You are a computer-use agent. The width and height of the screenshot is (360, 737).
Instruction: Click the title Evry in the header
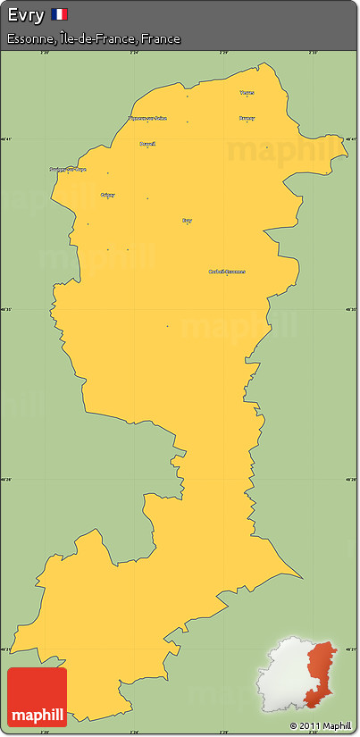click(25, 14)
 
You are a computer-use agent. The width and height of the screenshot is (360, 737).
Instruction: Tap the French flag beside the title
click(59, 14)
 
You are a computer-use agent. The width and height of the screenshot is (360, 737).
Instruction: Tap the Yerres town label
click(247, 92)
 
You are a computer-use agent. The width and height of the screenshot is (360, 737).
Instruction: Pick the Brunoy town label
click(247, 118)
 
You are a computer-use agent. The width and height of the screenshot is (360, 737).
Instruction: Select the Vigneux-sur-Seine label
click(147, 117)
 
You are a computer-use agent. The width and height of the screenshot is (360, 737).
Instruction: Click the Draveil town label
click(147, 143)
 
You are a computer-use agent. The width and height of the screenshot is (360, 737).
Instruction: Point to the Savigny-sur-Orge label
click(68, 169)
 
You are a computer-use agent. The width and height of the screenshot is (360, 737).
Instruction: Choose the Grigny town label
click(108, 195)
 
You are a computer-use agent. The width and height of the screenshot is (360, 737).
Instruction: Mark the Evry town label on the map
click(187, 220)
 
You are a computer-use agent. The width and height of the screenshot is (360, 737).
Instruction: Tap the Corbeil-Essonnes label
click(227, 271)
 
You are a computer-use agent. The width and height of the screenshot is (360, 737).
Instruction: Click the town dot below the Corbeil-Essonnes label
click(227, 276)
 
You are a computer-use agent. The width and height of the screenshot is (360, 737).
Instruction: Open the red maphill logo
click(37, 697)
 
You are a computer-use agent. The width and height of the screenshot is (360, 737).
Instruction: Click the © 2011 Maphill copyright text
click(321, 725)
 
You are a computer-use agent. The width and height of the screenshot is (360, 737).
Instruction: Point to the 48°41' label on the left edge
click(8, 139)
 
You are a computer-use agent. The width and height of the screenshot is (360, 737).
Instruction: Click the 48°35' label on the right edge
click(351, 310)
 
